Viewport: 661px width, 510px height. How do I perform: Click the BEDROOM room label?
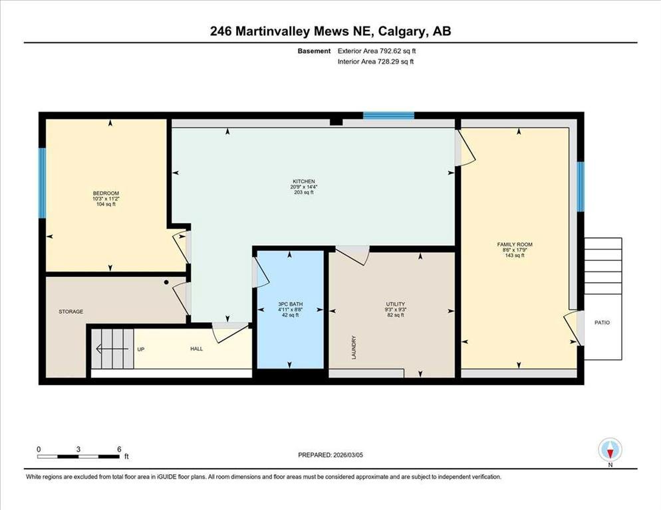106,193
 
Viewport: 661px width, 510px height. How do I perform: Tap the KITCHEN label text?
304,181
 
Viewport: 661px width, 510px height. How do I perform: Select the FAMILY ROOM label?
515,244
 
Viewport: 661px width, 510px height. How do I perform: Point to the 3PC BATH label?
291,304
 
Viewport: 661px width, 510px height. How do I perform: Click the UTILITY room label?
396,304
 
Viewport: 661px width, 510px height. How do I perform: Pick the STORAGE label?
70,311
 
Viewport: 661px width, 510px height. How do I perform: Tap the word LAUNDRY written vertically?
354,347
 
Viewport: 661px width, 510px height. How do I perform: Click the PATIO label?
602,323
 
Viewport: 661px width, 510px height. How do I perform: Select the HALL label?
196,349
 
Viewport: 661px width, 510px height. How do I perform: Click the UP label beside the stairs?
141,349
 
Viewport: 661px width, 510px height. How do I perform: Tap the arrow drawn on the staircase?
112,349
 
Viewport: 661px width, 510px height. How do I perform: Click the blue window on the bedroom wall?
42,183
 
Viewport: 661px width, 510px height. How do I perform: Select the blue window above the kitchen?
388,116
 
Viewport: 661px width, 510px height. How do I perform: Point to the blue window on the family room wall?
581,187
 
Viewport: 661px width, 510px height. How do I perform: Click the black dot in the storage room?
166,282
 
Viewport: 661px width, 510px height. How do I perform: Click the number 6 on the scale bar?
119,450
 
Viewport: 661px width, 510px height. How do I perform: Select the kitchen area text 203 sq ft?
304,193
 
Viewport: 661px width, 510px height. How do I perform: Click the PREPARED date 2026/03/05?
348,455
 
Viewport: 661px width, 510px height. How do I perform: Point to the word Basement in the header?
314,51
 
